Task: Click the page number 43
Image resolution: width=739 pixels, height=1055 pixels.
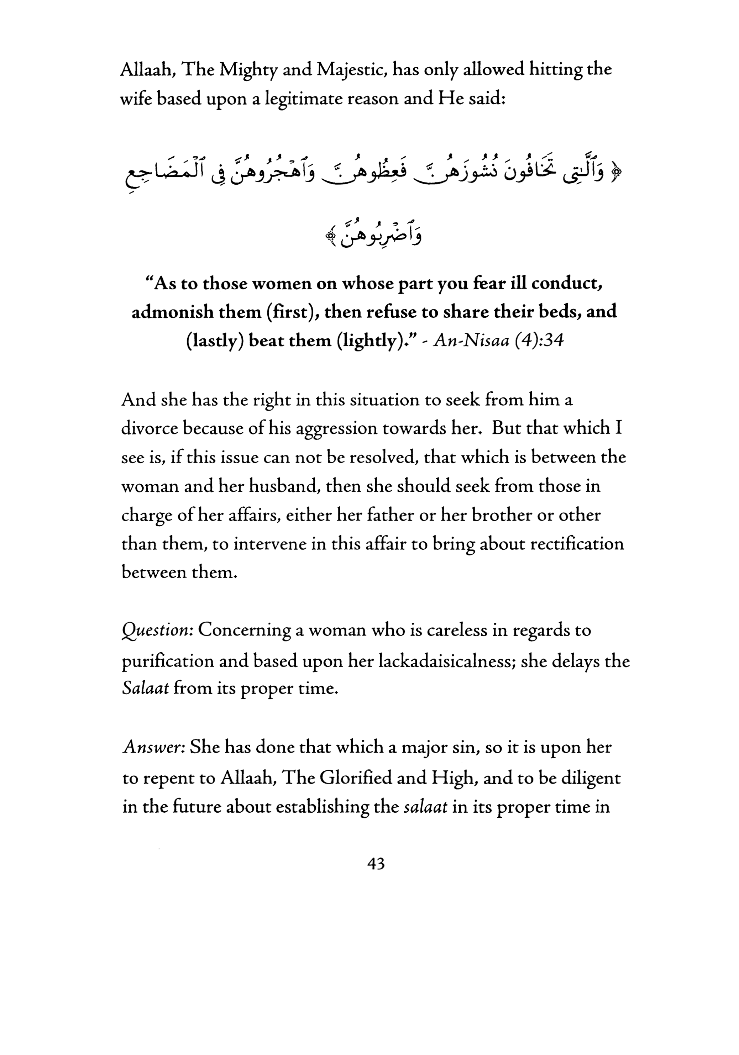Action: pos(376,864)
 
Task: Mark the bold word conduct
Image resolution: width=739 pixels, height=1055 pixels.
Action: pos(567,284)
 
